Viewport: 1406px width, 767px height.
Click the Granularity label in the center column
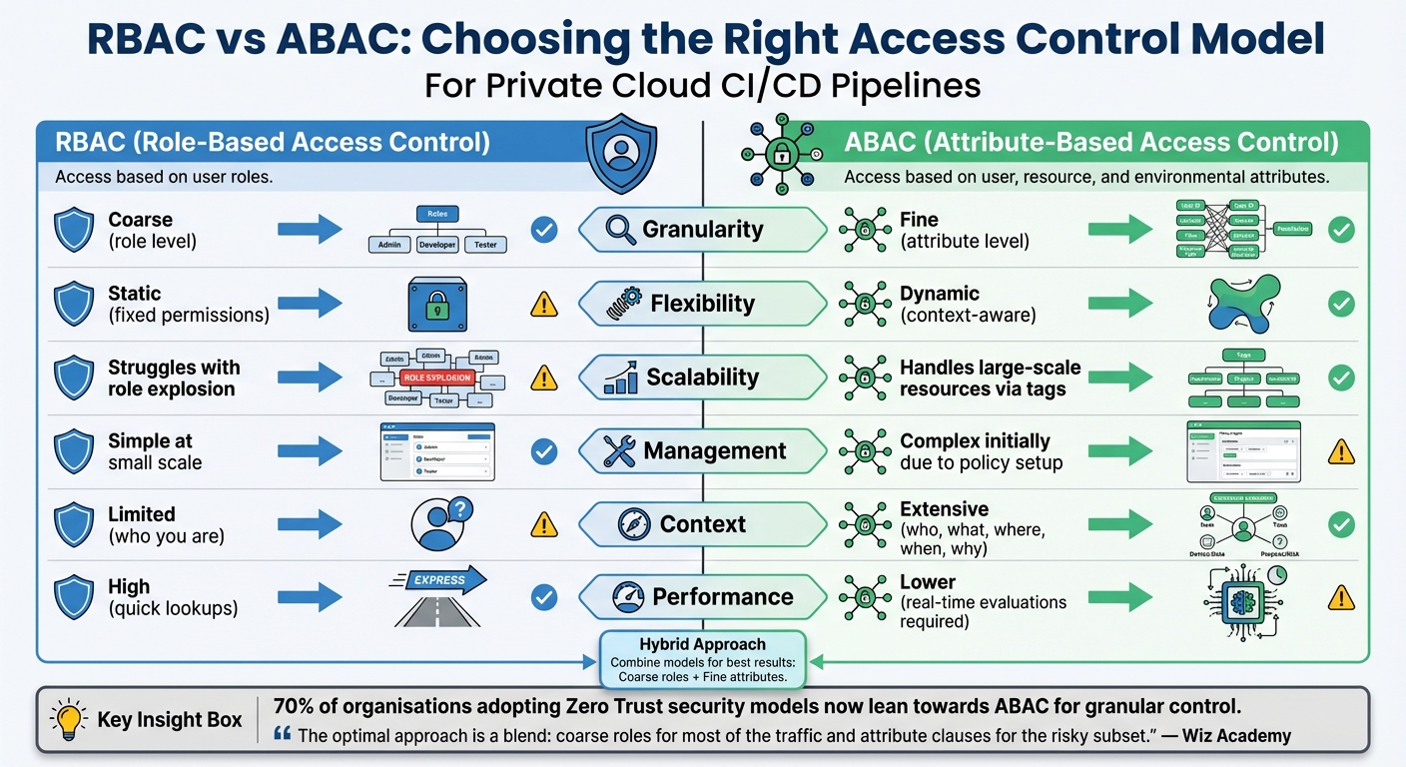pos(702,230)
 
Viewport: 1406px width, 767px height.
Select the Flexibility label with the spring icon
pos(702,304)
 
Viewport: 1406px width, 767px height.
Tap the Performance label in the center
pos(722,597)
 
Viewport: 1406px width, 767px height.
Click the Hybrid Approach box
pos(702,659)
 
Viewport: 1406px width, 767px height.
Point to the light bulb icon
pos(69,719)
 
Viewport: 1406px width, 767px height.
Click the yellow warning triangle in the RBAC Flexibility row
pos(543,304)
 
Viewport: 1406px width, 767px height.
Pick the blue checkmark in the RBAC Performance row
pos(543,597)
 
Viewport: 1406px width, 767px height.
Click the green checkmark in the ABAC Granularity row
pos(1341,230)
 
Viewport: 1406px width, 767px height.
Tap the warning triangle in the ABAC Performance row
pos(1341,597)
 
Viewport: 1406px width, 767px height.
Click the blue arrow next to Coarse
pos(310,230)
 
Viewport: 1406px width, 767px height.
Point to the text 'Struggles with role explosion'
pos(174,378)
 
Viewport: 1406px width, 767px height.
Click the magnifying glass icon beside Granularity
pos(621,230)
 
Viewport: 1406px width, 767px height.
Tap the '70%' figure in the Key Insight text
pos(294,706)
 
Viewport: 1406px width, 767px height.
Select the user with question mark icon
pos(440,524)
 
